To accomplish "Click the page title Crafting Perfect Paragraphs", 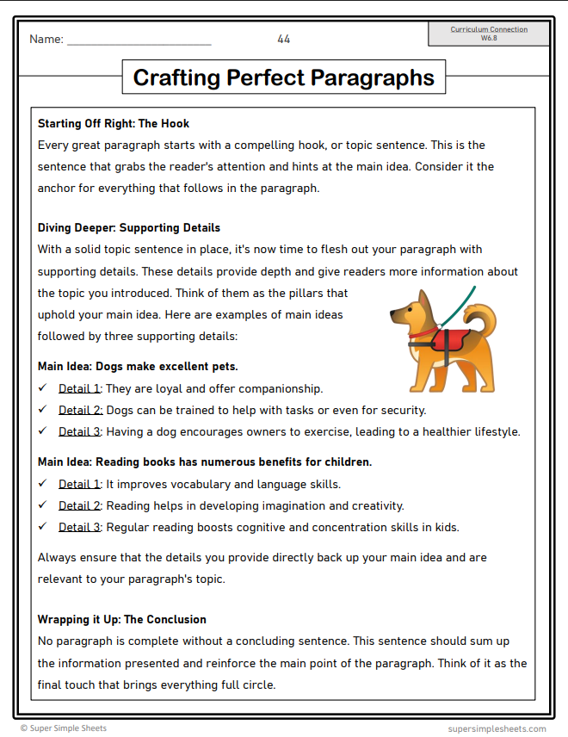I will pos(283,78).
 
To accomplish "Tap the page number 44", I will pos(284,39).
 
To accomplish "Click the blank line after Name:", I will pos(139,40).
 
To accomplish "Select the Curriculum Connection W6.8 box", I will pos(489,34).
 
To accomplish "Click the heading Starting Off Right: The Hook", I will pos(114,123).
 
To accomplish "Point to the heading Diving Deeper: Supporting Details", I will pos(129,228).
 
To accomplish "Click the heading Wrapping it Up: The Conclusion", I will pos(122,619).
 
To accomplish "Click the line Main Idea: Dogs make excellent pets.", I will pos(138,366).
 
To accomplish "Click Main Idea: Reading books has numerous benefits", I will pos(205,461).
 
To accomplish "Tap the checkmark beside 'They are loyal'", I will pos(43,388).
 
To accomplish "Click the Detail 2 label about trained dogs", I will pos(80,410).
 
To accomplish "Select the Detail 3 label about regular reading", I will pos(80,527).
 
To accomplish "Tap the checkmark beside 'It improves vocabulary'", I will pos(43,484).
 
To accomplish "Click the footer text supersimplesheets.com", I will pos(497,728).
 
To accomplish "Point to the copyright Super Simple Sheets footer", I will pos(64,728).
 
